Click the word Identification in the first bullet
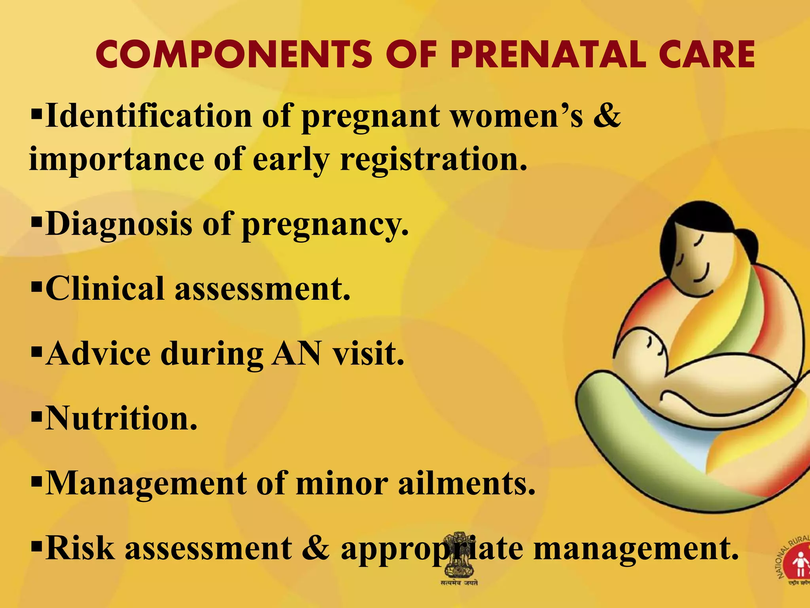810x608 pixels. pos(149,116)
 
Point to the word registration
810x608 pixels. pos(434,159)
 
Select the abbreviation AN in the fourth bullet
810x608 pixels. pos(296,353)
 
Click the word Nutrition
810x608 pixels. pos(121,418)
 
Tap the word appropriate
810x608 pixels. pos(432,549)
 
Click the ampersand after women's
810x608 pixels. pos(607,116)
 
